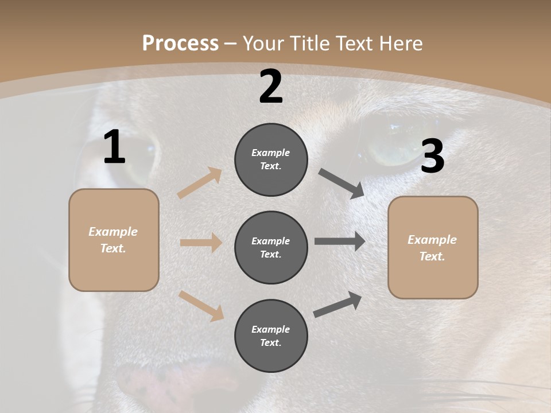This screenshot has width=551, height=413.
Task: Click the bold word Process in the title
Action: [180, 44]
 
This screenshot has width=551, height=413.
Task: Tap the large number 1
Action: [114, 147]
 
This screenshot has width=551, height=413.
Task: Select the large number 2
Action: [271, 87]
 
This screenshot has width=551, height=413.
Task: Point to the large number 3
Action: [432, 157]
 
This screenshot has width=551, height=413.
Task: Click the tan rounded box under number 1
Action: [114, 240]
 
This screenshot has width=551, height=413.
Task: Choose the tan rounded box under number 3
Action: [433, 247]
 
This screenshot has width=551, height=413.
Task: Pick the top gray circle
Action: [271, 159]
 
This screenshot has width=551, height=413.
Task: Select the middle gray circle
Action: [271, 247]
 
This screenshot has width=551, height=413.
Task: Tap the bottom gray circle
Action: [271, 336]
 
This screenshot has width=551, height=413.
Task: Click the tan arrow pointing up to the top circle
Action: [200, 183]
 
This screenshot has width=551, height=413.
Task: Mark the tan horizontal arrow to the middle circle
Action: [201, 243]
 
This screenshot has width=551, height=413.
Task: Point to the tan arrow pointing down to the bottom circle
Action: [201, 306]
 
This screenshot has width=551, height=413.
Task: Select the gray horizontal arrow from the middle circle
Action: [340, 241]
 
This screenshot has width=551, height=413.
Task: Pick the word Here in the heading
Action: [401, 44]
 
